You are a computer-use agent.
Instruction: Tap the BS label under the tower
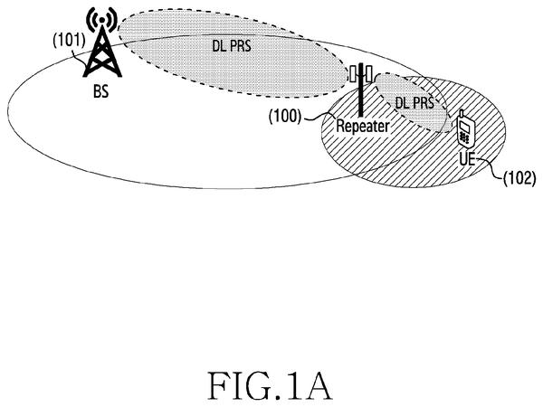click(x=100, y=91)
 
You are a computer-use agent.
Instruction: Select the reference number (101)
click(x=69, y=41)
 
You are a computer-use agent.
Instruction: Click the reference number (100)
click(x=285, y=117)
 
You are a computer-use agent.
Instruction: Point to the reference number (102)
click(x=519, y=178)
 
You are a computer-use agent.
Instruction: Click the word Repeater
click(x=363, y=126)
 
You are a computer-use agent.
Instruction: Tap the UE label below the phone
click(x=467, y=159)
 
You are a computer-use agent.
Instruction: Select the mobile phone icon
click(x=464, y=128)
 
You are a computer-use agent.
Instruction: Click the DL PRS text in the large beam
click(x=232, y=46)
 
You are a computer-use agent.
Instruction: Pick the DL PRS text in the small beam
click(x=414, y=102)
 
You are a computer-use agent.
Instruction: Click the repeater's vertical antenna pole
click(x=360, y=90)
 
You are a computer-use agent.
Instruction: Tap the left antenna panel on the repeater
click(x=353, y=74)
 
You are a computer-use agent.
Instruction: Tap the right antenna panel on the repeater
click(x=369, y=74)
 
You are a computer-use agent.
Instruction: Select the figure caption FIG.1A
click(x=270, y=386)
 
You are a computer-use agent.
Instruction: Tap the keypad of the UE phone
click(x=463, y=137)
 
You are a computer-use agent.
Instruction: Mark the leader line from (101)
click(x=80, y=57)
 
